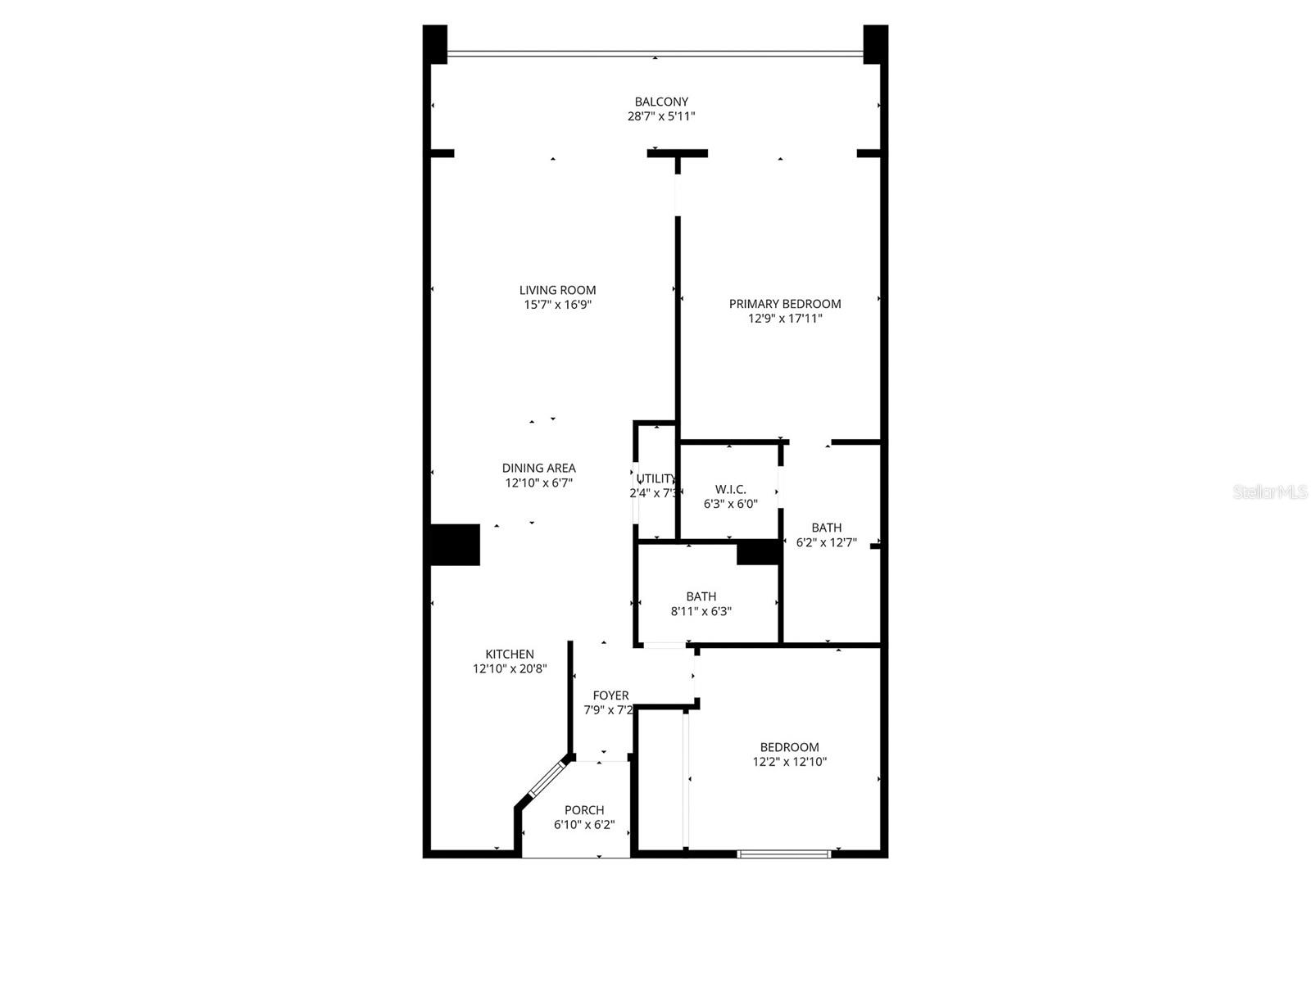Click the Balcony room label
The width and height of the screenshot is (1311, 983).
click(661, 102)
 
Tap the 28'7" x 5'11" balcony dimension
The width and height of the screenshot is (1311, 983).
click(661, 116)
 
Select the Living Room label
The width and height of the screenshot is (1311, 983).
click(557, 290)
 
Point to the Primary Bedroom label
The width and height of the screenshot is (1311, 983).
click(785, 304)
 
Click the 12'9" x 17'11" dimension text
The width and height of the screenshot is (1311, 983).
click(785, 319)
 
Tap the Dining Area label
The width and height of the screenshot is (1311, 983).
click(538, 469)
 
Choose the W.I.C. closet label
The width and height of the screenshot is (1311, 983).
click(730, 490)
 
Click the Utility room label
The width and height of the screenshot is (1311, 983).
click(656, 478)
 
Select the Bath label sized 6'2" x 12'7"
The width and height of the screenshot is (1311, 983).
click(827, 528)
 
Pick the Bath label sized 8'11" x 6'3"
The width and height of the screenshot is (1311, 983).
click(701, 596)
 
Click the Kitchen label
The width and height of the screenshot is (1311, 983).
click(510, 654)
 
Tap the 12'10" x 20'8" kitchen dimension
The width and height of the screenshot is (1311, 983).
click(510, 668)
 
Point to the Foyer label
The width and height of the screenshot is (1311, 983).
click(610, 695)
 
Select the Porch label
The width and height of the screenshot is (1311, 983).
click(584, 810)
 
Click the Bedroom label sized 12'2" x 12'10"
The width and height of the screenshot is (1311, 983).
click(789, 747)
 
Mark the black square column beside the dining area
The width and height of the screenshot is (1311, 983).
click(455, 545)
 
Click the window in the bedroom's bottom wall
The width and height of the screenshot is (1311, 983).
click(784, 854)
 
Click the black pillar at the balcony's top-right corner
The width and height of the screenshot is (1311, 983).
click(875, 43)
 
